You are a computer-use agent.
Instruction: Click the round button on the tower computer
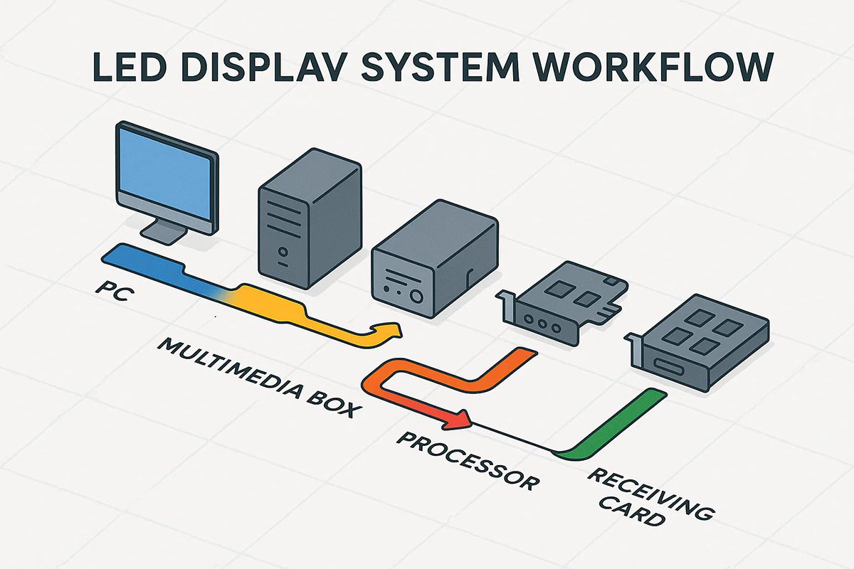pos(283,251)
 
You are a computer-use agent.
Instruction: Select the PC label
pos(109,292)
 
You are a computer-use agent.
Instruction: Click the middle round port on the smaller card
pos(546,321)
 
